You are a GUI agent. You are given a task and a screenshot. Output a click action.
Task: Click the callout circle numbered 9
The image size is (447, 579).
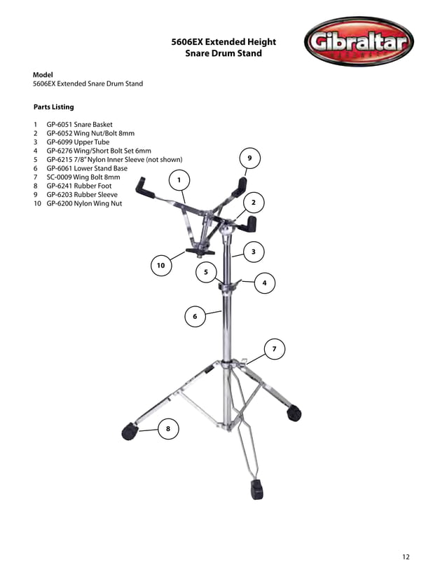[249, 159]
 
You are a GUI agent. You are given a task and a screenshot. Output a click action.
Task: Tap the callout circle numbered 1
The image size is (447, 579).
[179, 180]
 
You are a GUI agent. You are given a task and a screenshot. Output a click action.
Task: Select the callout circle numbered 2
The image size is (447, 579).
[253, 203]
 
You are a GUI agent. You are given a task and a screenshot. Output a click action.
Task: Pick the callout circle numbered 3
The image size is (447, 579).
[253, 251]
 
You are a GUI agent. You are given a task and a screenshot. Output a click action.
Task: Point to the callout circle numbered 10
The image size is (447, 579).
[161, 266]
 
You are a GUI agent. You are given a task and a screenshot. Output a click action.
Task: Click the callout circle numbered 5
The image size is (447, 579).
[206, 272]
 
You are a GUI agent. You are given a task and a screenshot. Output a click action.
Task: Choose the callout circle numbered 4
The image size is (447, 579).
[264, 283]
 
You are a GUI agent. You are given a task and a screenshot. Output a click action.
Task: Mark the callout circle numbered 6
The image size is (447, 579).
[195, 317]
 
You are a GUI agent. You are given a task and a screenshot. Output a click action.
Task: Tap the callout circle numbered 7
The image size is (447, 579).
[274, 348]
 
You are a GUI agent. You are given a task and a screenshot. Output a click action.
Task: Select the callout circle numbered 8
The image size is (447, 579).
[168, 428]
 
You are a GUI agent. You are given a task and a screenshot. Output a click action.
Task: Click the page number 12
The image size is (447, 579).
[406, 557]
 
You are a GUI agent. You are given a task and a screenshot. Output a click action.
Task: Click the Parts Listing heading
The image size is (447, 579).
[53, 107]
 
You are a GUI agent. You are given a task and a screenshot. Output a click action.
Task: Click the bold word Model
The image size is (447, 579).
[43, 74]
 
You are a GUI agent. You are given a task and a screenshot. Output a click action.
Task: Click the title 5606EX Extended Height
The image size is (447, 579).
[224, 42]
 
